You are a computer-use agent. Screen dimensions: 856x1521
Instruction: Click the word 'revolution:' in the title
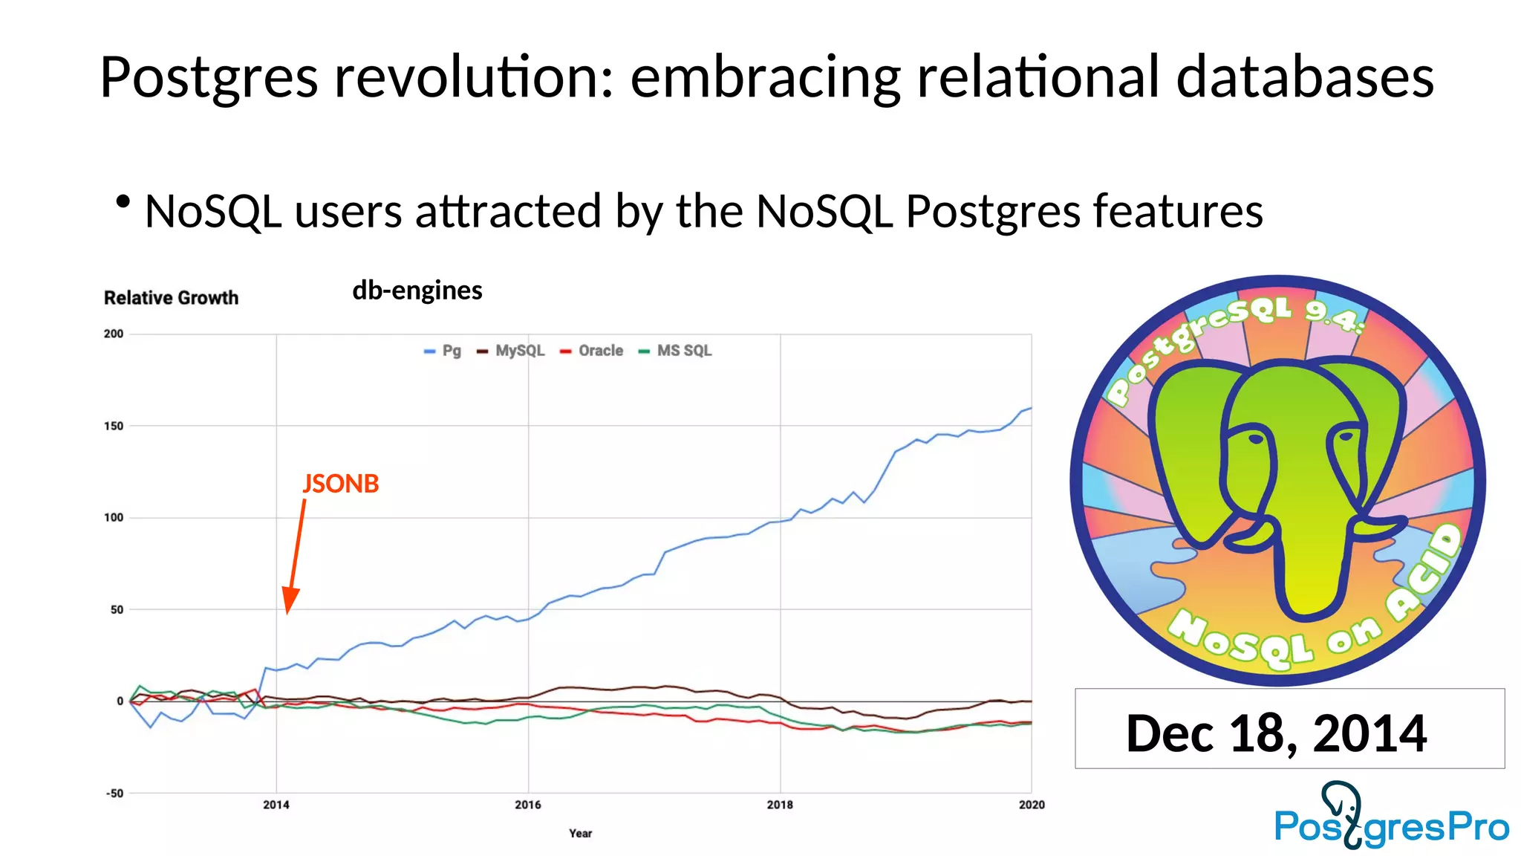474,77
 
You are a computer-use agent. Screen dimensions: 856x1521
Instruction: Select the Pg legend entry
443,351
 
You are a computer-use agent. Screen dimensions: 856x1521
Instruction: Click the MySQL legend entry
511,351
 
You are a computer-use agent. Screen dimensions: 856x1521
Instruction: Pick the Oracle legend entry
592,351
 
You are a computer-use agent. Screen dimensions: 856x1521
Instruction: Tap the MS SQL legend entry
675,351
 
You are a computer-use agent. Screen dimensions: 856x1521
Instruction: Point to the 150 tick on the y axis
114,426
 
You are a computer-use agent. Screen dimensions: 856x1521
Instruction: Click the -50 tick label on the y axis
114,794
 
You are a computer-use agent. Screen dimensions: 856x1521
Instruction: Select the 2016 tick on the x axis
528,805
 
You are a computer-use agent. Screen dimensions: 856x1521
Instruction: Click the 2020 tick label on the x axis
1031,805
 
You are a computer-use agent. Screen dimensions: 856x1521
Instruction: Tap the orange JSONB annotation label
341,484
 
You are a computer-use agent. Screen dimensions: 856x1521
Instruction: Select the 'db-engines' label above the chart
417,290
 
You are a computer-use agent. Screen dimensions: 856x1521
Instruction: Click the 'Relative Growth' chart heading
171,298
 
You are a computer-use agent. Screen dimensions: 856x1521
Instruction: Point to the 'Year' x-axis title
580,834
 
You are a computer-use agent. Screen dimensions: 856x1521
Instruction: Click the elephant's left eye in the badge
1255,438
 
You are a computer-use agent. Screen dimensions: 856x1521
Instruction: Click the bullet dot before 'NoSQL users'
123,201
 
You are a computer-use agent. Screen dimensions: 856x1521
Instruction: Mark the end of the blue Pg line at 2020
1030,408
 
